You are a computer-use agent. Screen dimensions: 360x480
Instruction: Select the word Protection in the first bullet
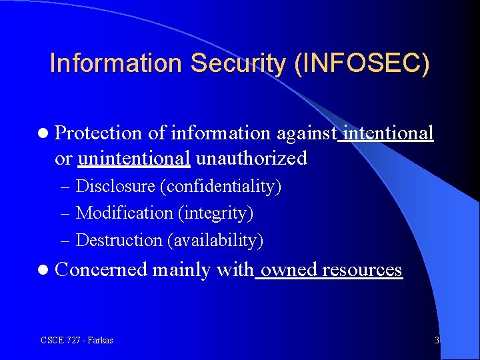pos(99,133)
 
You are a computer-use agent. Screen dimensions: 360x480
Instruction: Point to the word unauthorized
pos(252,159)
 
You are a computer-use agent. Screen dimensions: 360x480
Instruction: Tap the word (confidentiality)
pos(224,186)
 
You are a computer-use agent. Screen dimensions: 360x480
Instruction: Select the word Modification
pos(125,213)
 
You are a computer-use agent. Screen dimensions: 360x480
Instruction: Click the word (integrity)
pos(215,213)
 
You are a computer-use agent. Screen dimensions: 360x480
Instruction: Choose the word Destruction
pos(119,239)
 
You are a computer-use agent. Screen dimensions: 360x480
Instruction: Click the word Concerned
pos(101,269)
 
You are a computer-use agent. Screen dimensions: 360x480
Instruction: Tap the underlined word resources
pos(363,269)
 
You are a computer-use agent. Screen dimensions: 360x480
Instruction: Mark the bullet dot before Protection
pos(43,134)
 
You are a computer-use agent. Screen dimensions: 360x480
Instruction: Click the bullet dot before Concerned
pos(43,270)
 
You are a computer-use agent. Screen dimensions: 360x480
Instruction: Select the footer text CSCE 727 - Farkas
pos(77,340)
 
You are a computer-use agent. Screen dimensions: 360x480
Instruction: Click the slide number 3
pos(437,340)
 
